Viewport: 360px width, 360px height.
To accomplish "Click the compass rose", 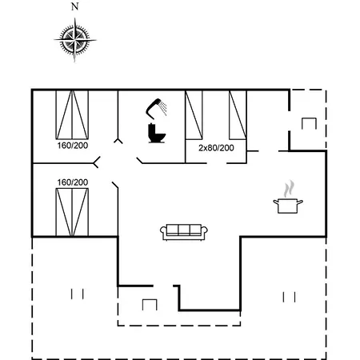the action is point(75,40).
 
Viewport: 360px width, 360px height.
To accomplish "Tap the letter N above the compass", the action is point(75,6).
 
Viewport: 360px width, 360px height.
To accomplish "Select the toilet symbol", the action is point(157,133).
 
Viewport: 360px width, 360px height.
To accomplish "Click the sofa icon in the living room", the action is point(184,232).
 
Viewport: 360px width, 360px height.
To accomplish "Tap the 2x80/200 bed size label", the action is point(216,148).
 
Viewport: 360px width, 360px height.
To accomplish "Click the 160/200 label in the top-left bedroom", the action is point(73,146).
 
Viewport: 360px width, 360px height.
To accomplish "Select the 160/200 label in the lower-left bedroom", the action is point(73,182).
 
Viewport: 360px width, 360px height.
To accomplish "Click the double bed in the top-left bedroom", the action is point(72,114).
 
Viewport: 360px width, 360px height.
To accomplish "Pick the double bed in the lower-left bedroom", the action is point(72,212).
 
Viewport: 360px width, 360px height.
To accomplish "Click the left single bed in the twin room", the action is point(194,115).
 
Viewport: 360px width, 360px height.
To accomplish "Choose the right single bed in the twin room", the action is point(238,115).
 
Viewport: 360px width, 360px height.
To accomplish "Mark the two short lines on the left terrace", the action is point(78,294).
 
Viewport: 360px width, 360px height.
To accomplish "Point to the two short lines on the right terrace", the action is point(289,297).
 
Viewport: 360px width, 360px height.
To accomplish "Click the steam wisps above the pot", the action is point(290,189).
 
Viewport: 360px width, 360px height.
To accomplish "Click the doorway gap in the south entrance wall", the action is point(163,286).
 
